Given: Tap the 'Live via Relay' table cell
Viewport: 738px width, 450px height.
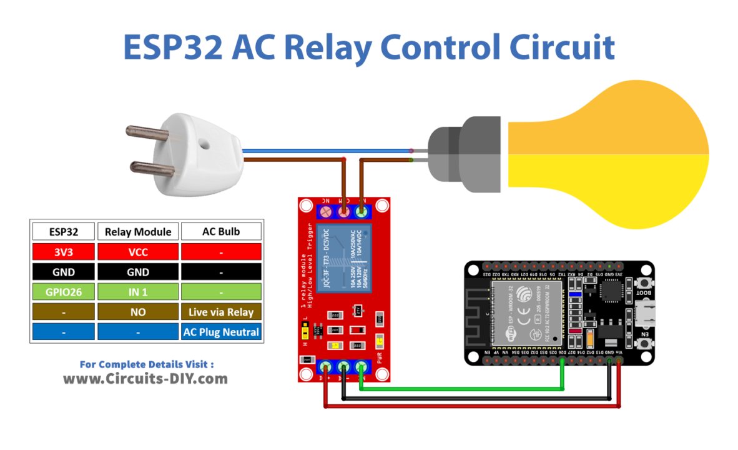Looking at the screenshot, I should click(x=221, y=311).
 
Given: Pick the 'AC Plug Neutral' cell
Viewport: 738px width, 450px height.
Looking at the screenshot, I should click(x=221, y=332).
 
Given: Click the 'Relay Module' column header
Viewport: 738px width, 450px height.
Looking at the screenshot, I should click(x=138, y=231).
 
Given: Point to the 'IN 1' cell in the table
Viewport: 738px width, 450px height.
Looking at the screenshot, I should click(x=138, y=291).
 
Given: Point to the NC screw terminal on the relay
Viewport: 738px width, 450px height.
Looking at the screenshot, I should click(x=326, y=212).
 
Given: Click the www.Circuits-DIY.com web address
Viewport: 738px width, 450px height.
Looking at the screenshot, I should click(x=145, y=379).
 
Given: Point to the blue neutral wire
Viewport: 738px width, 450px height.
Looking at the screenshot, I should click(x=325, y=151).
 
